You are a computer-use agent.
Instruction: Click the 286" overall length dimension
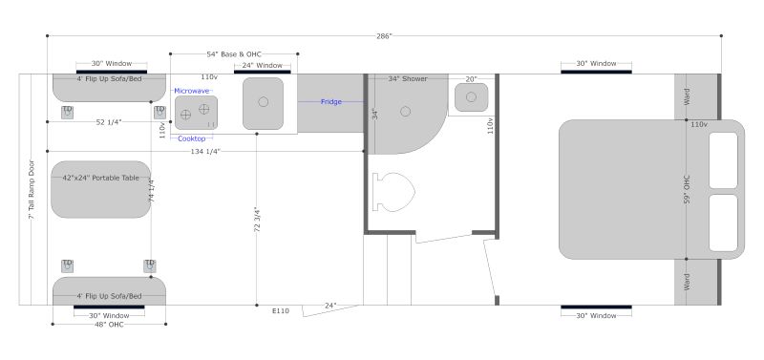coord(384,36)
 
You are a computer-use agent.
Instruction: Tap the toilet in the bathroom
coord(393,192)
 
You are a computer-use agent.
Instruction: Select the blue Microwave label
coord(192,91)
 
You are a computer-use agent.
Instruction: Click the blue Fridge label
coord(330,102)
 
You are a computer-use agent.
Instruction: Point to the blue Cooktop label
coord(192,138)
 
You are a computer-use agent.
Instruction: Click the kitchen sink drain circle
coord(264,102)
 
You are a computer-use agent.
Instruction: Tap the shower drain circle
coord(405,112)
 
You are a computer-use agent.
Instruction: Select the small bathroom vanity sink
coord(471,97)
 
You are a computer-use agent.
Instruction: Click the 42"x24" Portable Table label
coord(101,178)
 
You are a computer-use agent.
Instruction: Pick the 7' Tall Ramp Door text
coord(32,189)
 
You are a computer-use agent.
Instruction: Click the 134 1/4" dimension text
coord(205,152)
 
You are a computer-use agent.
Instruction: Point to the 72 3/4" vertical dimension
coord(257,220)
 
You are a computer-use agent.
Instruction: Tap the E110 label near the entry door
coord(281,310)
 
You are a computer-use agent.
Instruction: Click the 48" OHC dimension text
coord(109,325)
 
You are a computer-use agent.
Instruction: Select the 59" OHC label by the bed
coord(687,189)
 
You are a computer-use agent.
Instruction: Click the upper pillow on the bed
coord(723,160)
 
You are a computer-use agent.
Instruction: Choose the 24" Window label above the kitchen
coord(262,65)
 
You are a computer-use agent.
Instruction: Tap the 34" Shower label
coord(408,78)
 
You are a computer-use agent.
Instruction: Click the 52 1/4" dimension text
coord(109,122)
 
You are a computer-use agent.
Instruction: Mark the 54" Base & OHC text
coord(234,54)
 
